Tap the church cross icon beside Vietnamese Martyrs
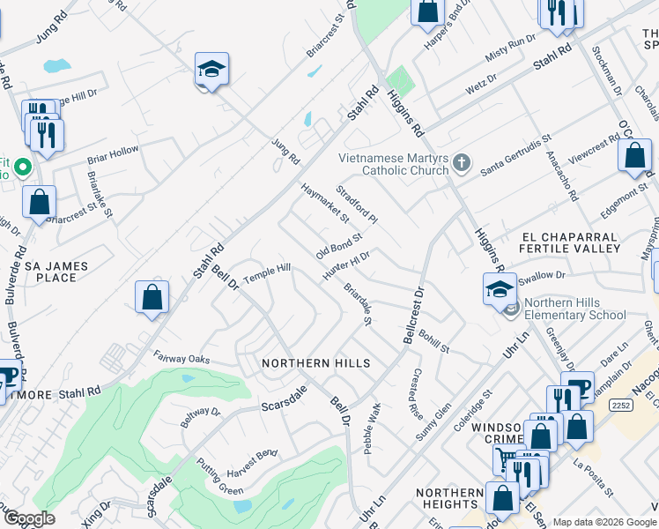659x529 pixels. (x=463, y=162)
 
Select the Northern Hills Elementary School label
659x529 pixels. (x=574, y=309)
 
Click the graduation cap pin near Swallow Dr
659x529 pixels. (x=500, y=287)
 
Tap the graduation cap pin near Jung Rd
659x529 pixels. (x=212, y=71)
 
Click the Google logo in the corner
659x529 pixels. (x=29, y=518)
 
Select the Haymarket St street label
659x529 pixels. (x=325, y=203)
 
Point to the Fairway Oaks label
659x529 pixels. (x=181, y=359)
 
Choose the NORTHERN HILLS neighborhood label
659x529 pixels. (x=315, y=363)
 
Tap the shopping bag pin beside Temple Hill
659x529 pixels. (x=152, y=296)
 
